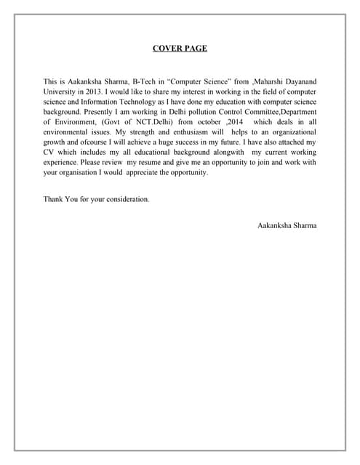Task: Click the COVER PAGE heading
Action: (180, 49)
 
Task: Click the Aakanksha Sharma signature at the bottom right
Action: (287, 225)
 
